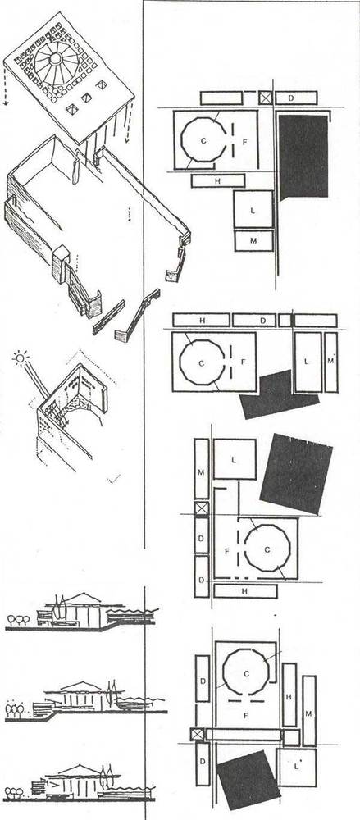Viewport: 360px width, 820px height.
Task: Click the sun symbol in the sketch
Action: point(20,358)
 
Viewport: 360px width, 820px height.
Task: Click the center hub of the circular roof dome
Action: point(54,58)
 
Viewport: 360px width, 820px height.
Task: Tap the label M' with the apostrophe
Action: point(330,361)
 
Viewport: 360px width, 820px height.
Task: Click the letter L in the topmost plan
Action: point(253,210)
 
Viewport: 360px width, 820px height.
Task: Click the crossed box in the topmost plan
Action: point(266,98)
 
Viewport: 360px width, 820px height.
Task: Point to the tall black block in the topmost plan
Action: point(303,157)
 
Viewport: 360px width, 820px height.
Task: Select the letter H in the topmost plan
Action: point(216,181)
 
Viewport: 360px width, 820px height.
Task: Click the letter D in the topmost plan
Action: point(291,98)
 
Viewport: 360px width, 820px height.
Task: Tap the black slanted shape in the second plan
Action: point(279,395)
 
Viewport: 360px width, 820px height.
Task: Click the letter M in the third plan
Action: point(202,473)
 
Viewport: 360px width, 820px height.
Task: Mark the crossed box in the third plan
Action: point(202,508)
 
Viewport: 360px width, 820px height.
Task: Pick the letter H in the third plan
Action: point(244,591)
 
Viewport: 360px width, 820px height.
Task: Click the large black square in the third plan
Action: point(296,473)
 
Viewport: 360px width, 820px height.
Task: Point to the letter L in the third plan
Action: point(234,460)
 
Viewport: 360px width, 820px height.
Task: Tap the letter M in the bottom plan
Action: point(308,713)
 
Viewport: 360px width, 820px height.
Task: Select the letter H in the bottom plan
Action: point(289,696)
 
